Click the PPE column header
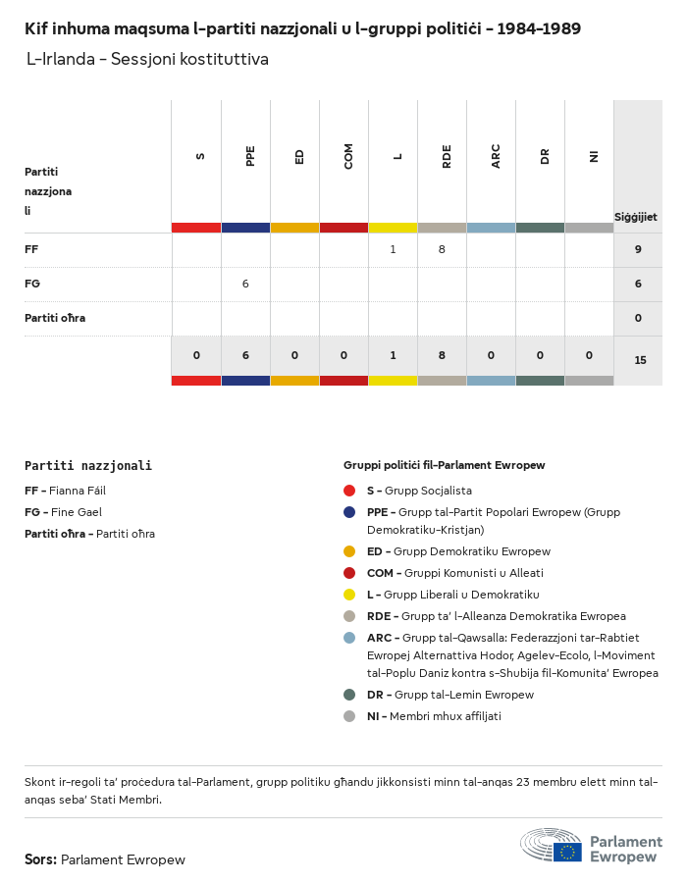coord(250,156)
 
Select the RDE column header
coord(447,156)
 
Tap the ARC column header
coord(496,156)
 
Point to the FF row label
coord(31,250)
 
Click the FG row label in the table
coord(32,285)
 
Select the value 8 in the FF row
coord(442,250)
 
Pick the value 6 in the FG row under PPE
coord(245,285)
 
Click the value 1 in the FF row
coord(393,250)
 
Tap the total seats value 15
coord(640,361)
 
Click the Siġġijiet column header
coord(636,217)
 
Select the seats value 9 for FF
coord(638,250)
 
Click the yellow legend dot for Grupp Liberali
coord(349,595)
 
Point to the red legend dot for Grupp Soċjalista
coord(349,491)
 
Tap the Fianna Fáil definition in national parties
coord(65,491)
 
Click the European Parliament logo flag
coord(567,852)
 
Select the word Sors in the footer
coord(40,860)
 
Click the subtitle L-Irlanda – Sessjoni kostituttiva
coord(147,60)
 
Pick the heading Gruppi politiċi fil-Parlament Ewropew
coord(444,465)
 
